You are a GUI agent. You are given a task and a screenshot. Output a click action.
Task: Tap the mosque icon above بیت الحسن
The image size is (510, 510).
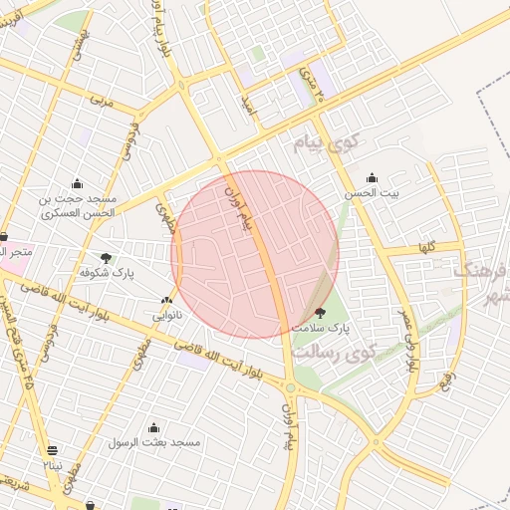point(373,178)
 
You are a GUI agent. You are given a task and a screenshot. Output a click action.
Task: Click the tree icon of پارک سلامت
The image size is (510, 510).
point(320,312)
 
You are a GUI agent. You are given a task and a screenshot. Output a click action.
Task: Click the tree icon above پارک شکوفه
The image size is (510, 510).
point(107,257)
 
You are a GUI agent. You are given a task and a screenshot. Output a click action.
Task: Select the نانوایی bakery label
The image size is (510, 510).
point(166,315)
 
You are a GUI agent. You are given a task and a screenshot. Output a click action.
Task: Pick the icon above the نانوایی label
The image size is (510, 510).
point(166,300)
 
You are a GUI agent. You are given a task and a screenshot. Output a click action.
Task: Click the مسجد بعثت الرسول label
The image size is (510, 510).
point(160,441)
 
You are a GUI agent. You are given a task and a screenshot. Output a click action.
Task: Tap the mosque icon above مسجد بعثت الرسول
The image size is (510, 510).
point(153,427)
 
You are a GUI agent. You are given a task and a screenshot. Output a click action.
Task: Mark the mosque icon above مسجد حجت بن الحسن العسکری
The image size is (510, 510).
point(77,182)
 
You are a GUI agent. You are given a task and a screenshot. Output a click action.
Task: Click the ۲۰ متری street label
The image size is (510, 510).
point(311,75)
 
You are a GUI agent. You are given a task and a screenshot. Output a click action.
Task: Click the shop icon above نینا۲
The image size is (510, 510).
point(52,450)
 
